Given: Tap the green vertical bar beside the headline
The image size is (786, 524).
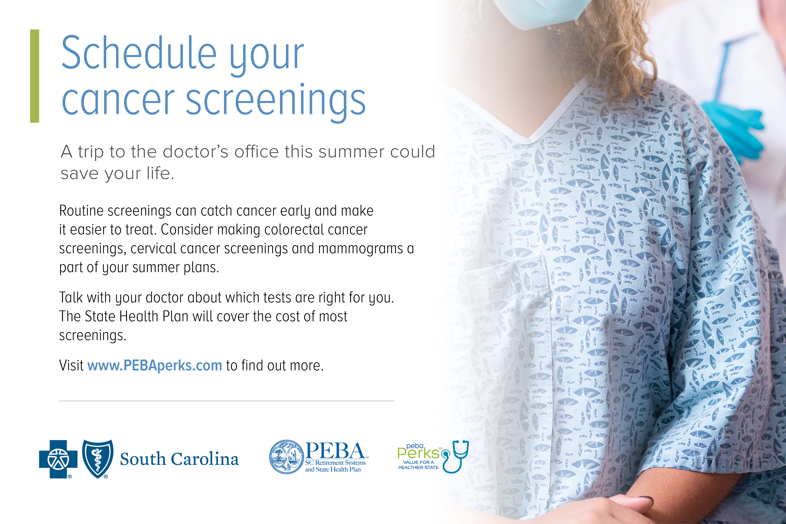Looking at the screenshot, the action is click(x=34, y=76).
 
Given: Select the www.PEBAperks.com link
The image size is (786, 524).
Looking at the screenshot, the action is click(x=155, y=365).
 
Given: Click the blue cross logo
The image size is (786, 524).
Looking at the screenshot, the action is click(x=59, y=459).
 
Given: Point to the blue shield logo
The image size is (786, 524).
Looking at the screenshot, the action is click(x=98, y=459).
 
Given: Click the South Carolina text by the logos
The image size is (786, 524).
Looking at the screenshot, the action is click(x=180, y=459).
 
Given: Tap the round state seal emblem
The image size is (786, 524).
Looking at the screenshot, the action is click(x=286, y=456).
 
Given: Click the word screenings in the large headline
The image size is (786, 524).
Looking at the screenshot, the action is click(x=276, y=100).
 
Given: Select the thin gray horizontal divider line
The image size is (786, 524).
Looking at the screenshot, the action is click(x=227, y=401).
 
